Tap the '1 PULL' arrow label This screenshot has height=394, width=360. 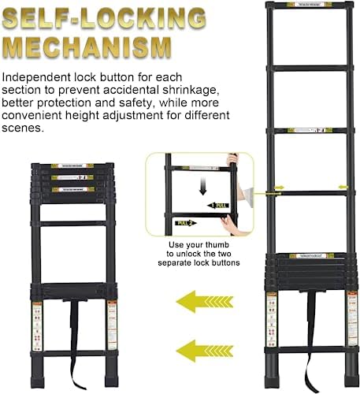click(x=220, y=205)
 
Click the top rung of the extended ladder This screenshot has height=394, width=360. click(x=306, y=11)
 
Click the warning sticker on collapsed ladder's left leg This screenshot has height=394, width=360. click(x=36, y=322)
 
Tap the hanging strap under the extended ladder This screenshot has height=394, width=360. click(x=306, y=347)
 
